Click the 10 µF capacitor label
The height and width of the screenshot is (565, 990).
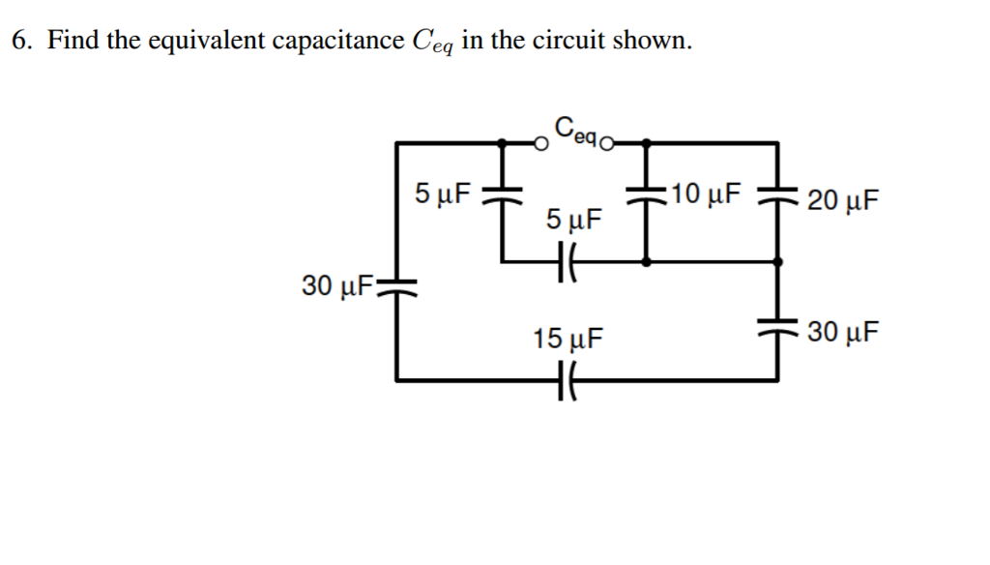pyautogui.click(x=707, y=193)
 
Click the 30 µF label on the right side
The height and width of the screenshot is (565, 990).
pyautogui.click(x=843, y=332)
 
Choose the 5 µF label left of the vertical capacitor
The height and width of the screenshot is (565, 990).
pyautogui.click(x=442, y=193)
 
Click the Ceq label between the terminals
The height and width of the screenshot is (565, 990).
pyautogui.click(x=577, y=129)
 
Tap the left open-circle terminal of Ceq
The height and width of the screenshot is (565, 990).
pyautogui.click(x=543, y=144)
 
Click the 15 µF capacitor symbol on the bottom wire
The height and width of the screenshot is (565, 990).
pyautogui.click(x=568, y=380)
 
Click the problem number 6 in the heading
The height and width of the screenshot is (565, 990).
pyautogui.click(x=20, y=41)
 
